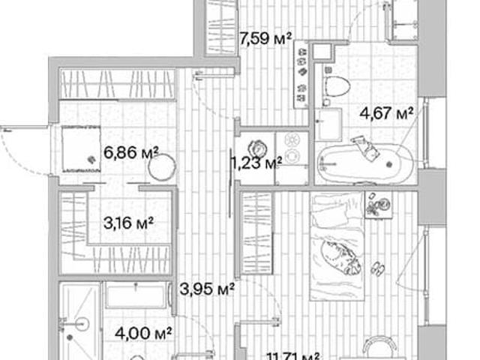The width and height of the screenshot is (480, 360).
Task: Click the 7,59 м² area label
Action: [265, 39]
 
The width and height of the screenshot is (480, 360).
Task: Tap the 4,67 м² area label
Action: [386, 113]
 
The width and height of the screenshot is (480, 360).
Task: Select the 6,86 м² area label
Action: [131, 152]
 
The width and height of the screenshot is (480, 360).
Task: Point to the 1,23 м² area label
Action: [256, 163]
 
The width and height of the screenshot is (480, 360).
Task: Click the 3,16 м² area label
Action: [128, 223]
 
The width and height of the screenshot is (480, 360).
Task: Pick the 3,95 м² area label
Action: [207, 289]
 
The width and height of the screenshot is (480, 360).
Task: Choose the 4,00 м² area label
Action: [143, 333]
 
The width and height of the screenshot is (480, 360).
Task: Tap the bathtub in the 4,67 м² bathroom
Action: [365, 164]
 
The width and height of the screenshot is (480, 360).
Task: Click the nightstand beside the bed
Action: [379, 205]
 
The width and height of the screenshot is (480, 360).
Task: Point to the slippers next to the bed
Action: [378, 268]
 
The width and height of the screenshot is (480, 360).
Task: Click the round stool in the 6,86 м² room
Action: [162, 167]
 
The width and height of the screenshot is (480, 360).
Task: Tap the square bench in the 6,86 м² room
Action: [82, 148]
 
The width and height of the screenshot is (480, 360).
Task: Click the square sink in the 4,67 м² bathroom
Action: [328, 124]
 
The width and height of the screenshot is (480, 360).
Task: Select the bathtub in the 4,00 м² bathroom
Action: [136, 295]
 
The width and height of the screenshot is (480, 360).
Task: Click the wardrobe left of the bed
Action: [256, 233]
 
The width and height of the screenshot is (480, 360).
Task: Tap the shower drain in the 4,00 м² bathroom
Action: [70, 337]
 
